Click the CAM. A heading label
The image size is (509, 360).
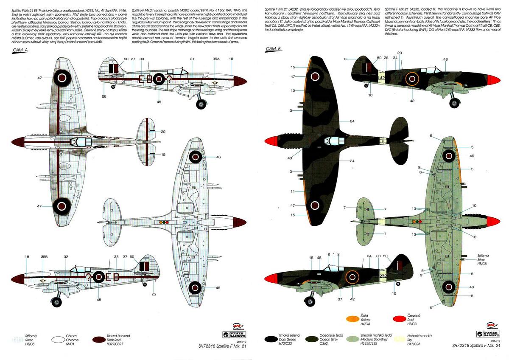[x=20, y=50]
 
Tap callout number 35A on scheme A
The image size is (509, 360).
[x=216, y=59]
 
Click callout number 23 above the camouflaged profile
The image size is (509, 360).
[x=400, y=53]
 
